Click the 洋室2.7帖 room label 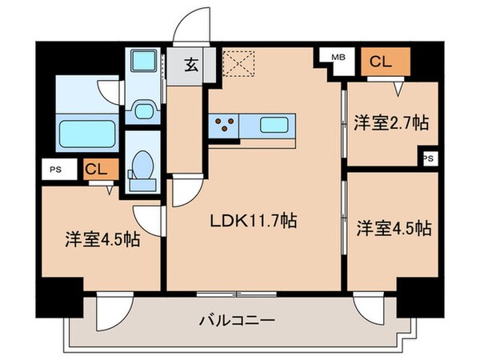tap(390, 123)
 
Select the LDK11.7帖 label tap(254, 221)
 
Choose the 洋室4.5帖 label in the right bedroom tap(394, 228)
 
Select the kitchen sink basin tap(277, 125)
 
